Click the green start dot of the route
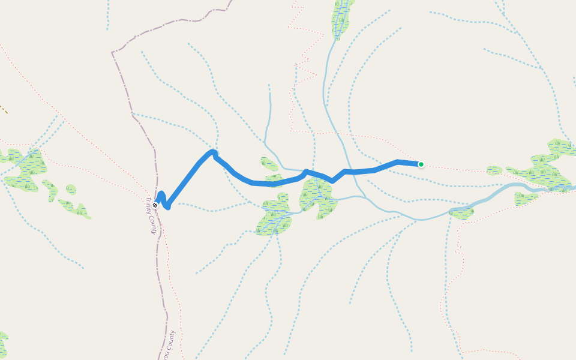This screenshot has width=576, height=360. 421,164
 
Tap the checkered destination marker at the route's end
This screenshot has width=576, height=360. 155,205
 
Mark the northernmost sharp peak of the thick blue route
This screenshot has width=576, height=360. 213,152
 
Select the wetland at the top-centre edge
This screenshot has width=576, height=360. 341,18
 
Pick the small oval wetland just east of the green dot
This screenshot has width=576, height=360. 494,171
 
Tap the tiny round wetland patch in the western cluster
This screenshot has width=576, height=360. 71,190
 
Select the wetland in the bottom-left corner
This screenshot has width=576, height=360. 3,343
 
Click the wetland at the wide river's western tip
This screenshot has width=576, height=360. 461,212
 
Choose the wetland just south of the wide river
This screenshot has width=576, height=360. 524,198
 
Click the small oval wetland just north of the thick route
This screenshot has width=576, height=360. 269,164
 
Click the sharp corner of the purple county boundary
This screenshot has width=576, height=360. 112,53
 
